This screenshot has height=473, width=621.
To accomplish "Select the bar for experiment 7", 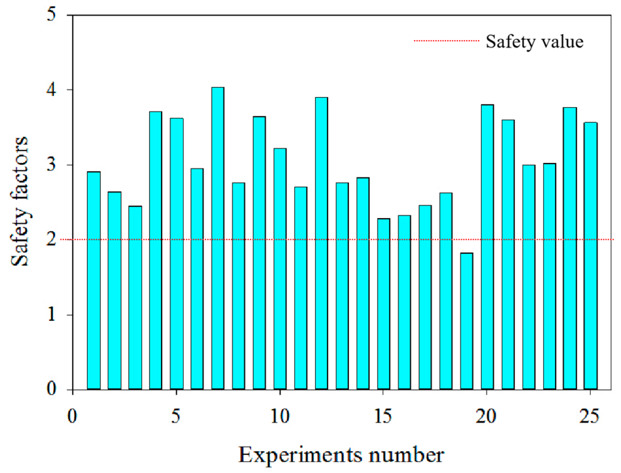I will coord(218,238).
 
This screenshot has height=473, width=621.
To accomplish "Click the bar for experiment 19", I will coord(467,321).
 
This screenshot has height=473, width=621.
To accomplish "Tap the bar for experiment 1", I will coord(94,280).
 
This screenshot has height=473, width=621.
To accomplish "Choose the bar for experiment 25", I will coord(591,256).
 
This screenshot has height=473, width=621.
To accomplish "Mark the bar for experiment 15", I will coord(383,304).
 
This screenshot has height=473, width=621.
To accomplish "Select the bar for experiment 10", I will coord(280,269).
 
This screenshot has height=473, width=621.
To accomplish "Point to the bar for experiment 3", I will coord(135,298).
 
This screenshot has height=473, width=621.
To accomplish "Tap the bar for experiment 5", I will coord(176,254).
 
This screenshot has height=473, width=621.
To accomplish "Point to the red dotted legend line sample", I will coord(446,41).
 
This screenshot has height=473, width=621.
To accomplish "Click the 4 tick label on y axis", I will coord(51,90).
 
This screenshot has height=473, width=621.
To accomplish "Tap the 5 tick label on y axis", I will coord(51,15).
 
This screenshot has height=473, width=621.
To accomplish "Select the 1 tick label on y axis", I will coord(51,315).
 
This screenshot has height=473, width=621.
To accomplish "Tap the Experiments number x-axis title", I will coord(341,455).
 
